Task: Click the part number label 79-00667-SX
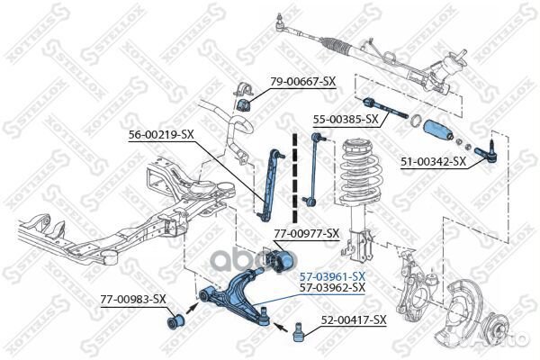click(x=303, y=82)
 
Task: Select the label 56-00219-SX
click(x=161, y=134)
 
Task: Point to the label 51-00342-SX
click(x=433, y=162)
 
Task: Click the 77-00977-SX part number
click(x=307, y=233)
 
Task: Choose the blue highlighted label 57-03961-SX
click(x=332, y=274)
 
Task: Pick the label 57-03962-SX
click(x=332, y=287)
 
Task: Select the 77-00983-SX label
click(x=132, y=299)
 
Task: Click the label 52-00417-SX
click(x=354, y=319)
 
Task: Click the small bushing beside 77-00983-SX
click(x=175, y=319)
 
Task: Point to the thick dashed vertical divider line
click(x=293, y=180)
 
